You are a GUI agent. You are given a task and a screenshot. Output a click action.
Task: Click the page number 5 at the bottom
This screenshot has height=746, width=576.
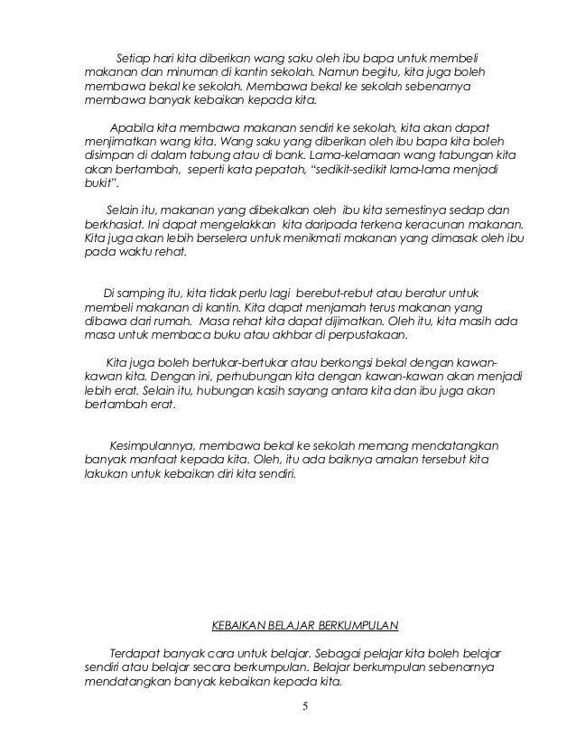click(x=305, y=705)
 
